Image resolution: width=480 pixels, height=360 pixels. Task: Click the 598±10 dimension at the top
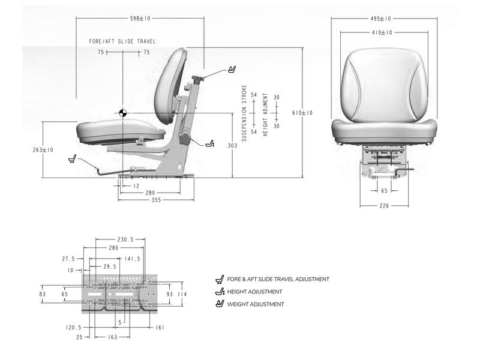(x=140, y=19)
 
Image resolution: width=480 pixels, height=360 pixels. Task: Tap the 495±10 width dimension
(x=382, y=19)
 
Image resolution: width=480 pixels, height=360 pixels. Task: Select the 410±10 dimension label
(x=382, y=32)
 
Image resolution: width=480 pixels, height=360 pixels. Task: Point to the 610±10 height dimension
(x=302, y=113)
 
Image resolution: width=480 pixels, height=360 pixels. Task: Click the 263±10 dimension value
(x=43, y=150)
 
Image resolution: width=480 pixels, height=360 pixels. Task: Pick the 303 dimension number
(x=232, y=145)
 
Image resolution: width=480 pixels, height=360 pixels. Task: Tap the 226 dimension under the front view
(x=384, y=206)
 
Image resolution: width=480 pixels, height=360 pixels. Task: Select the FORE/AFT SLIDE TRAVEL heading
(x=122, y=41)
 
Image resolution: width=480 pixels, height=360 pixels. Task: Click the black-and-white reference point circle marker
(x=122, y=113)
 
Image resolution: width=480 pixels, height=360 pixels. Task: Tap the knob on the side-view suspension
(x=184, y=140)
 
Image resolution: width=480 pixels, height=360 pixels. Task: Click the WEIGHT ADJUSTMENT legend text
(x=256, y=304)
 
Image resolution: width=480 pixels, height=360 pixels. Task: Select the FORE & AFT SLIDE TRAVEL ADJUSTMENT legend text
(x=278, y=279)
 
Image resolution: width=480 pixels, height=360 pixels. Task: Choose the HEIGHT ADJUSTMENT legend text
(x=254, y=292)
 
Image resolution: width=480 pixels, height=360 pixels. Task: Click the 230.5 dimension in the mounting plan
(x=125, y=239)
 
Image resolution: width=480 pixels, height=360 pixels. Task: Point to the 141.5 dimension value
(x=133, y=259)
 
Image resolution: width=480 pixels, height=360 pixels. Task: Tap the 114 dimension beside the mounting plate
(x=182, y=294)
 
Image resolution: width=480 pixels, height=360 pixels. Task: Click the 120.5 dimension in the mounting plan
(x=73, y=328)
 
